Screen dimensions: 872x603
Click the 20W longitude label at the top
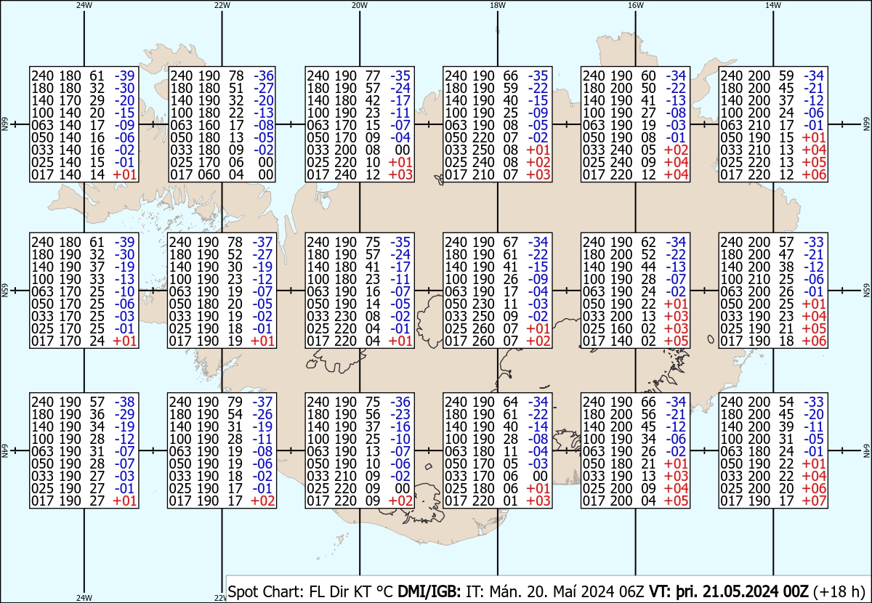point(359,5)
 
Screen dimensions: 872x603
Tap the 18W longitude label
point(498,5)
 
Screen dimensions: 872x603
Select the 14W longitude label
point(773,5)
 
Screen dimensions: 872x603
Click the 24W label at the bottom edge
point(84,597)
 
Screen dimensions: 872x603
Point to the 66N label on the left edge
point(4,124)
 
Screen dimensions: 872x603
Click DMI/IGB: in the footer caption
point(429,591)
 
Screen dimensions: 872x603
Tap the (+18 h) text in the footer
point(839,591)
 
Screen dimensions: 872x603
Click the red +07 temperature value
point(814,501)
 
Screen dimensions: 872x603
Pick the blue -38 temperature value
point(124,402)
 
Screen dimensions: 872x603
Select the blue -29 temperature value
point(124,415)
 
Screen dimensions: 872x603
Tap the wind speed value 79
point(235,402)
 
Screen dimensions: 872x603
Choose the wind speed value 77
point(373,76)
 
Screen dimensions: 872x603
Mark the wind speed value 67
point(510,242)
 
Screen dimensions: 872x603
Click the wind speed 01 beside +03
point(510,501)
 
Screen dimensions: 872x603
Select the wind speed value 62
point(648,242)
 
